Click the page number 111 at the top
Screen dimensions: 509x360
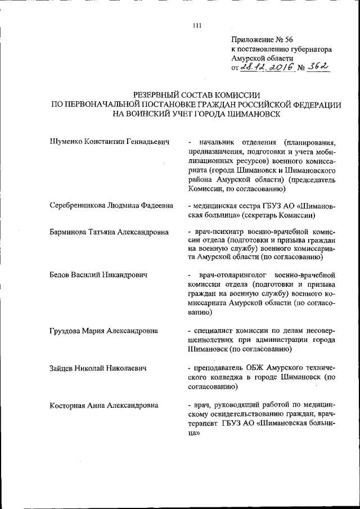point(196,25)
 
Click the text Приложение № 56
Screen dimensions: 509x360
point(262,39)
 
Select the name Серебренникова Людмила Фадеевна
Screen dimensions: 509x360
point(111,206)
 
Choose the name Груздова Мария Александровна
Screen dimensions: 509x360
point(103,330)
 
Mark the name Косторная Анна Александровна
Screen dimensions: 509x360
point(103,404)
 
